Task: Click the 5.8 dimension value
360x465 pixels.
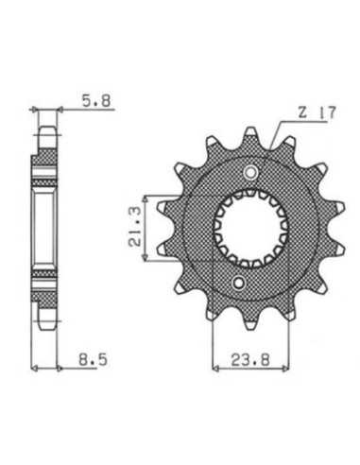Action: pos(96,100)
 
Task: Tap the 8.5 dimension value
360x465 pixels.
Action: pos(93,359)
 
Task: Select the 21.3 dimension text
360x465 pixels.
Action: pos(135,229)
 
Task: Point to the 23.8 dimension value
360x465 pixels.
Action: pos(250,360)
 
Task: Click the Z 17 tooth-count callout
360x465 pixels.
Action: pos(317,113)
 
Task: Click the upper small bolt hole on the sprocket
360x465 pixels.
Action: pos(251,172)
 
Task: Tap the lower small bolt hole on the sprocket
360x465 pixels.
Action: pos(238,283)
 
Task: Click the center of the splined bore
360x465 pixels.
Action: pos(250,228)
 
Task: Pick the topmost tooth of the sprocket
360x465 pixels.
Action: pos(250,133)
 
